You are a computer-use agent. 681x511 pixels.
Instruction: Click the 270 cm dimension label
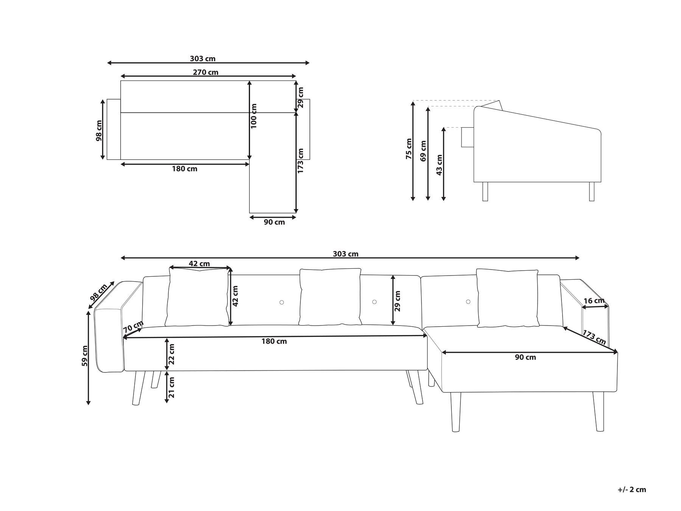(x=205, y=72)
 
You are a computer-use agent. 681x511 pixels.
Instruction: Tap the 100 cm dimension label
(x=254, y=116)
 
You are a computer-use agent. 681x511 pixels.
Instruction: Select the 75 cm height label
(x=409, y=149)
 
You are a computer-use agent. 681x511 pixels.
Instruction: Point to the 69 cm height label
(x=423, y=151)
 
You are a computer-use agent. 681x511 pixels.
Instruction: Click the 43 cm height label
(x=439, y=165)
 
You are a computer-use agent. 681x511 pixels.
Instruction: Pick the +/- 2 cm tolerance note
(x=632, y=489)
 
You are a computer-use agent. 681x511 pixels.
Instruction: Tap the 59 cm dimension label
(x=85, y=356)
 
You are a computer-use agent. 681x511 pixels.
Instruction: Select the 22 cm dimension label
(x=172, y=354)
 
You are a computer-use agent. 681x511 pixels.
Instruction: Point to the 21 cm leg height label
(x=172, y=387)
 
